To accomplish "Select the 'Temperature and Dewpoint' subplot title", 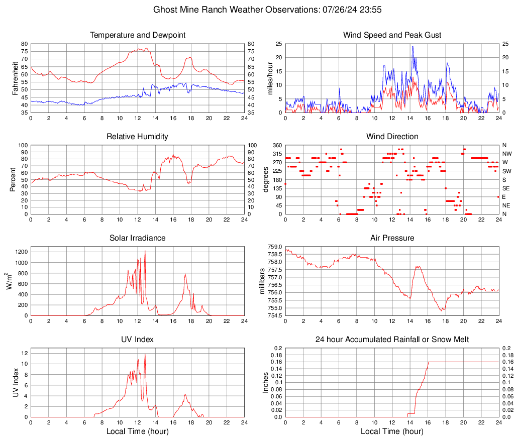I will (x=138, y=35).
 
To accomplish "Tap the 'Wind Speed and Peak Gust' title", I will (x=392, y=35).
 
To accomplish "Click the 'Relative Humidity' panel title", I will (x=138, y=137).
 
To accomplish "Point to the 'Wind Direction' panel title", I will (x=392, y=137).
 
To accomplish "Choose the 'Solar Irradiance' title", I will (x=138, y=238).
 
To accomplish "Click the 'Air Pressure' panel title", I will (x=392, y=238).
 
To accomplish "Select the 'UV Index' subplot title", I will (x=138, y=340).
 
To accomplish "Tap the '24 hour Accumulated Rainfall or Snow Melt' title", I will (x=392, y=340).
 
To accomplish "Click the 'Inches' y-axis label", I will (x=266, y=382).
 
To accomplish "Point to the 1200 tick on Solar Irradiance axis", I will (x=21, y=249).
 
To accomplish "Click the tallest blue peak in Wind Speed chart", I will (x=412, y=47).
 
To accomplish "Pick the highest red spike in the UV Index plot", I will (x=145, y=354).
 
